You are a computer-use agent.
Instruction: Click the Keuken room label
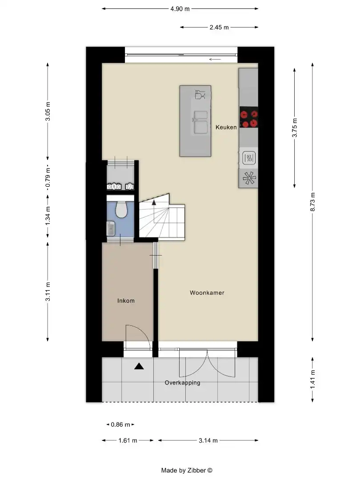coord(226,128)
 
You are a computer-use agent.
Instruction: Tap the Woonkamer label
coord(207,293)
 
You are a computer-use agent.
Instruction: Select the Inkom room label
coord(126,301)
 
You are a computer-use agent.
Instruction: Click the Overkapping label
coord(182,383)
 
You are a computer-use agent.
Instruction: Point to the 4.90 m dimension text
coord(180,8)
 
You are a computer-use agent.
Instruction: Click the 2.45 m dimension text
coord(219,28)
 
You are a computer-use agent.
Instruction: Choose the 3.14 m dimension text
coord(208,440)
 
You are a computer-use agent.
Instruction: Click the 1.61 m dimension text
coord(128,440)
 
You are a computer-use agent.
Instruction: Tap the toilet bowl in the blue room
coord(121,209)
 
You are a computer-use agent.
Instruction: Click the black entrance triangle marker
coord(140,366)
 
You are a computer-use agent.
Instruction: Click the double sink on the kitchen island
coord(200,122)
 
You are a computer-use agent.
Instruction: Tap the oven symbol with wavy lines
coord(248,157)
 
